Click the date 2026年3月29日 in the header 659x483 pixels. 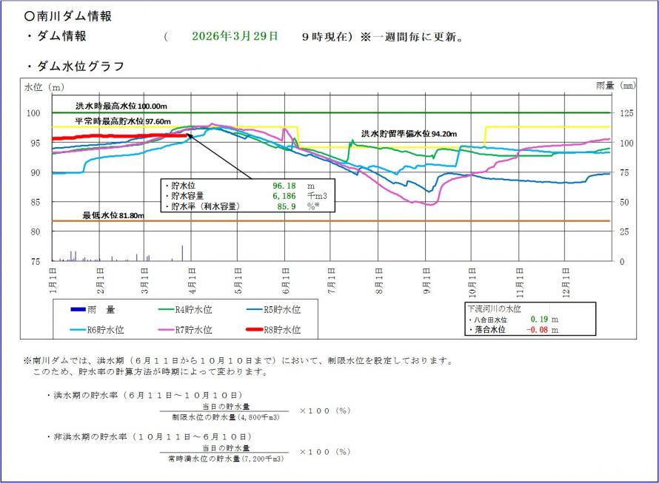click(235, 36)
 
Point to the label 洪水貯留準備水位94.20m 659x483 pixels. click(409, 134)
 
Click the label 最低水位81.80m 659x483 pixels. click(113, 215)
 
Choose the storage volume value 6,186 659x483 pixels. click(284, 196)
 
